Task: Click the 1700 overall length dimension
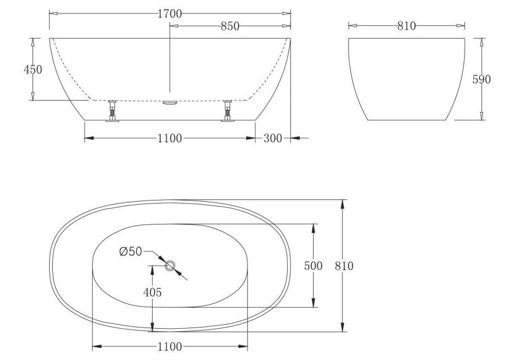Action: [x=169, y=13]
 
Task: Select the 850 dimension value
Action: [x=230, y=26]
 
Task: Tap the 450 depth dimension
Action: [x=33, y=69]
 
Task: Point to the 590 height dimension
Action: [x=481, y=79]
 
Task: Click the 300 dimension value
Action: [x=273, y=139]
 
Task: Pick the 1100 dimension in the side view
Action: [x=169, y=139]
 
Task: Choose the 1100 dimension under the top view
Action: [x=169, y=347]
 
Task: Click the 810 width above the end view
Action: [x=406, y=26]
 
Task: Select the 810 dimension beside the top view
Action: [x=344, y=266]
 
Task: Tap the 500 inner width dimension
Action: [x=313, y=266]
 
